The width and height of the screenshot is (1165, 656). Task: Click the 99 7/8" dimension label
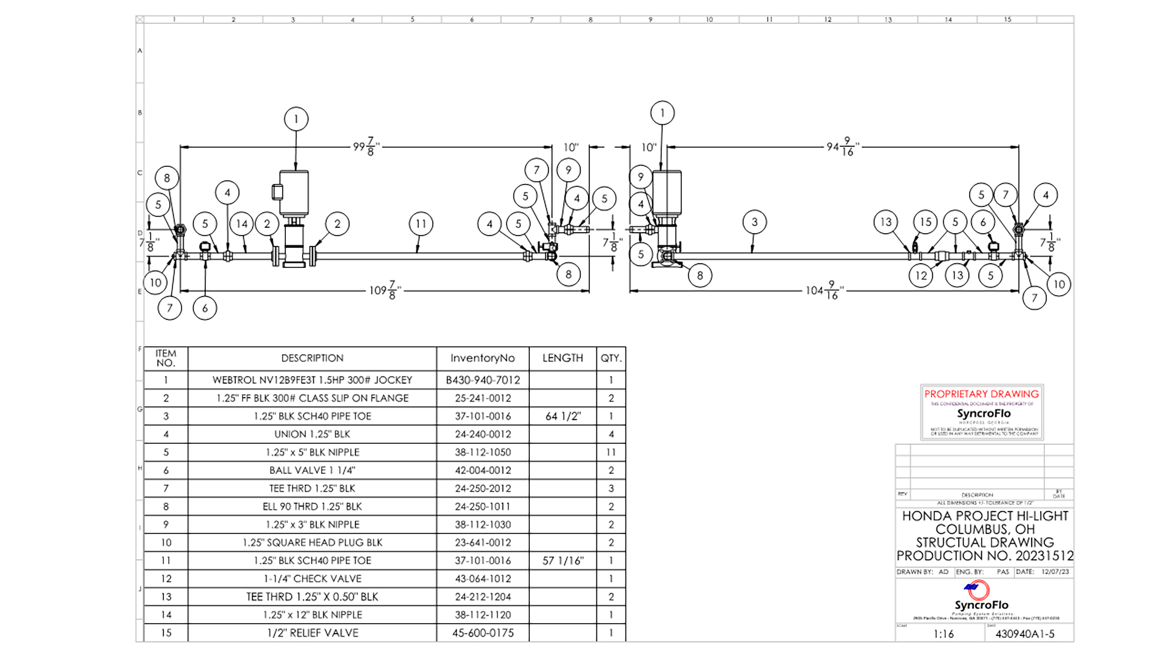click(x=366, y=146)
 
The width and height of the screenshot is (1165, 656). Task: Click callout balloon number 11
click(x=420, y=224)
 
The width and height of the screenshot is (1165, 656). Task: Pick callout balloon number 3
click(x=754, y=222)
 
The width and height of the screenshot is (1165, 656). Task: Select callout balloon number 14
click(x=242, y=224)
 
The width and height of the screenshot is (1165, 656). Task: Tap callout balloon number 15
click(x=925, y=222)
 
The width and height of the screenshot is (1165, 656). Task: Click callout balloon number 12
click(x=921, y=276)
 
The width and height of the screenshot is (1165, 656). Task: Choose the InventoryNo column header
click(x=482, y=358)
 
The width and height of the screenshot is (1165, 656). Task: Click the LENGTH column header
click(x=562, y=358)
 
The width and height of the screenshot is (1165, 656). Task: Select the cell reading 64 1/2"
click(x=562, y=416)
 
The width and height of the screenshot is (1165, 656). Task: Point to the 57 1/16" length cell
click(x=562, y=561)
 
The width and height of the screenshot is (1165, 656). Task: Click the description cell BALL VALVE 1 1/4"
click(x=312, y=470)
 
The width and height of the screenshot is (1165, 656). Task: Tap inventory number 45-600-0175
click(x=482, y=633)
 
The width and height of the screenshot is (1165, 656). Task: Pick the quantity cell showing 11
click(x=610, y=453)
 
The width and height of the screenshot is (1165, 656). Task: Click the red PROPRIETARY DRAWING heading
click(x=981, y=394)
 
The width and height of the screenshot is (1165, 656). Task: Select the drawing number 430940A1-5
click(x=1025, y=634)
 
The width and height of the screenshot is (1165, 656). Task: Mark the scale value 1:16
click(x=944, y=634)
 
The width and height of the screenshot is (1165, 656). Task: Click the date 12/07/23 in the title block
click(x=1055, y=572)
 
